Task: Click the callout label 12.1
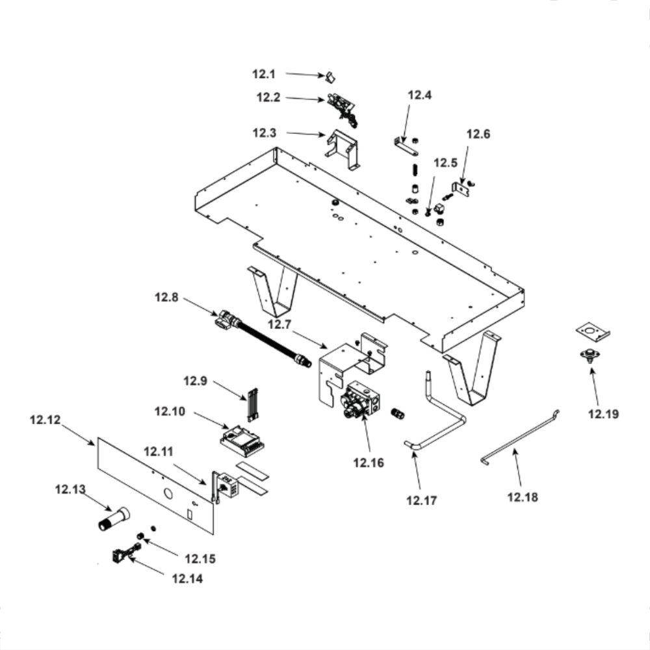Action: (263, 74)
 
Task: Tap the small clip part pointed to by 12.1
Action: (330, 77)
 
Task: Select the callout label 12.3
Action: (265, 133)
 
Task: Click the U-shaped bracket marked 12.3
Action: (344, 149)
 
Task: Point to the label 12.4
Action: (419, 96)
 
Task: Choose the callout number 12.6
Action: (478, 135)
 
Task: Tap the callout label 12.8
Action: (166, 298)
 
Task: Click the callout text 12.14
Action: (187, 577)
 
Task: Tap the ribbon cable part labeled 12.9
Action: (252, 404)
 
